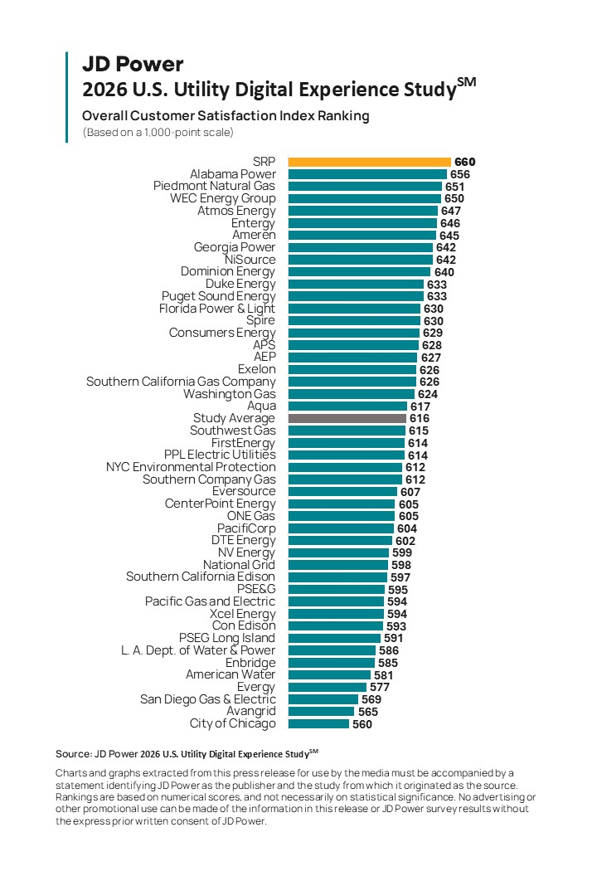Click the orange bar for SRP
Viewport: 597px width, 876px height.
(x=369, y=162)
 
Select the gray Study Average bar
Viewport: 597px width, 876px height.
(x=347, y=419)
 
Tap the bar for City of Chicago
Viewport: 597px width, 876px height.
(x=318, y=723)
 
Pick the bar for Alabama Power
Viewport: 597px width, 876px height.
(x=366, y=174)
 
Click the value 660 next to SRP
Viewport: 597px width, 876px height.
(x=465, y=162)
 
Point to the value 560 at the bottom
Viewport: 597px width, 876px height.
(x=362, y=724)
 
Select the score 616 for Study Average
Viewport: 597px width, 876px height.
(x=420, y=419)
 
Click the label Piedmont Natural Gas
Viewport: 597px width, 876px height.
(x=214, y=186)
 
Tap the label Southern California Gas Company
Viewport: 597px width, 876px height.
(x=181, y=382)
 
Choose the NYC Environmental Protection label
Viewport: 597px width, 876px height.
(x=191, y=467)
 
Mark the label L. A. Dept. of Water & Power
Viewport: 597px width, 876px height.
(x=198, y=650)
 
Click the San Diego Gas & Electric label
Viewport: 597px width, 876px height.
(x=207, y=699)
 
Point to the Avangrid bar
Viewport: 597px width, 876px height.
(x=321, y=712)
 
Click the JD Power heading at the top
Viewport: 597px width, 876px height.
(x=133, y=64)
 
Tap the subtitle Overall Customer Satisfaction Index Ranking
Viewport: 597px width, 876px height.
(x=226, y=116)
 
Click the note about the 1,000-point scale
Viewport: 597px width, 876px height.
(x=158, y=132)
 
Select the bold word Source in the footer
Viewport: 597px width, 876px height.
(x=71, y=753)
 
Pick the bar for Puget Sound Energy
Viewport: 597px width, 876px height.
(x=356, y=296)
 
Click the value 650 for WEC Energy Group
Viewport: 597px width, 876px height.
(x=454, y=198)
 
